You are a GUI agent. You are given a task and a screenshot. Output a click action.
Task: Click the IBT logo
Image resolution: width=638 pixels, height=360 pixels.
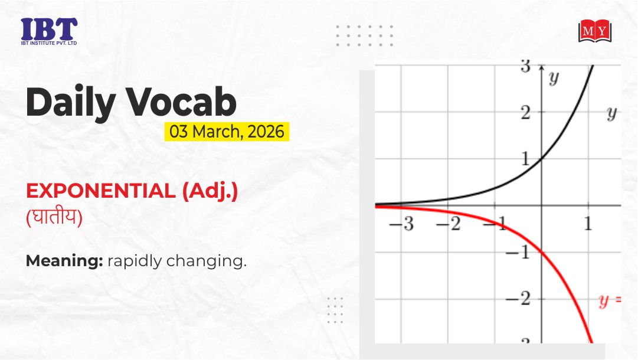click(49, 31)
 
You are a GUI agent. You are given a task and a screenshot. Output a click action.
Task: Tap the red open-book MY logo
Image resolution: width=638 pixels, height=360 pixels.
click(595, 31)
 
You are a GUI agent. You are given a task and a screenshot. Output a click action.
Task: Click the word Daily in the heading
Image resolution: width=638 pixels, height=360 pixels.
click(70, 102)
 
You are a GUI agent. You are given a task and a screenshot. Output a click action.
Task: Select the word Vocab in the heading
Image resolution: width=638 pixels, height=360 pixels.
click(181, 102)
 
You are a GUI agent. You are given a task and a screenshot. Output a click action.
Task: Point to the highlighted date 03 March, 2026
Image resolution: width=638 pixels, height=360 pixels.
click(227, 132)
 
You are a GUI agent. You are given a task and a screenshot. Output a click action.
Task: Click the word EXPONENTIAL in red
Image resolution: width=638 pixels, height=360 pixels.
click(100, 191)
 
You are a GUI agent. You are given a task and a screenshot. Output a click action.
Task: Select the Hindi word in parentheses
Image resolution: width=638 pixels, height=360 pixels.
click(54, 217)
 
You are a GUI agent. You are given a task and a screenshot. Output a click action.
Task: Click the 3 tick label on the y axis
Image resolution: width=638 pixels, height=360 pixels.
click(525, 66)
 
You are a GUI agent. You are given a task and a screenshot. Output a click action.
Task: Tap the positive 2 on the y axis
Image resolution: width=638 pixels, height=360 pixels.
click(525, 113)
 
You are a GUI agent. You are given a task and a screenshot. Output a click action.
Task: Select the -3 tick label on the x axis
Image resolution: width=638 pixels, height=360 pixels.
click(401, 224)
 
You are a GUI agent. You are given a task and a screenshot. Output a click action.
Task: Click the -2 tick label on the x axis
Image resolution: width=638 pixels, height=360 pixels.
click(449, 224)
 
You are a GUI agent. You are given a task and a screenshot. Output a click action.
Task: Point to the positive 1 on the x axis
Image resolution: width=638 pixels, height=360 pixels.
click(588, 224)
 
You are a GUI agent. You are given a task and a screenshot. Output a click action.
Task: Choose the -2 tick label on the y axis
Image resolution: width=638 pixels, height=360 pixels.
click(518, 299)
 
